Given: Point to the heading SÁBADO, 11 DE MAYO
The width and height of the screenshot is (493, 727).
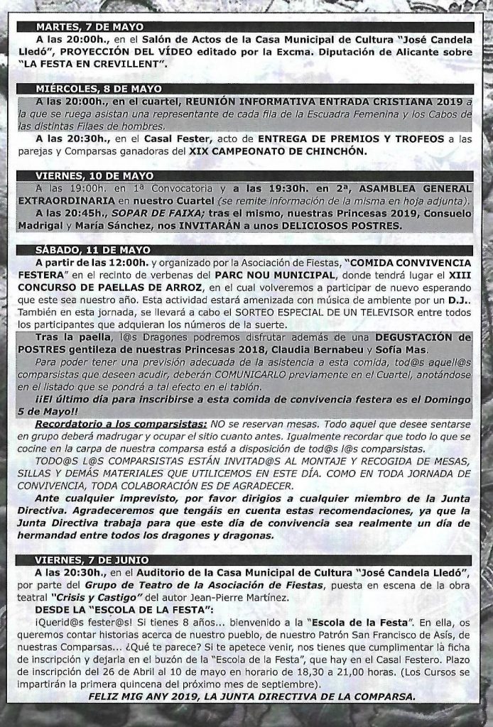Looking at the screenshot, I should point(93,249).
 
